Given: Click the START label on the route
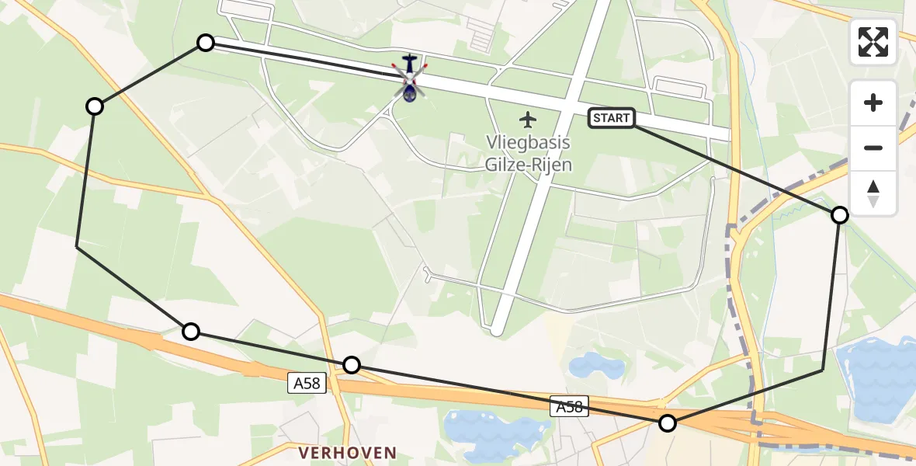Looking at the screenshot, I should [x=612, y=118].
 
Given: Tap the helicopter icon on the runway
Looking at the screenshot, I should [x=409, y=79].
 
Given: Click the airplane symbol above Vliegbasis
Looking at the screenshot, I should [x=528, y=120].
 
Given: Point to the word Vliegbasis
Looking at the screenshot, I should [x=528, y=143].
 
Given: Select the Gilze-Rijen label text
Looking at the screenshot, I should [x=528, y=164].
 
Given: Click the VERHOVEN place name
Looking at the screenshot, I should [x=348, y=452].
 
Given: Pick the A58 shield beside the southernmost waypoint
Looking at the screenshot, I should [x=570, y=405].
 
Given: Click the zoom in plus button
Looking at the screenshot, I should [x=873, y=103].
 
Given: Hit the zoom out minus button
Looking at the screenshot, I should [x=873, y=148].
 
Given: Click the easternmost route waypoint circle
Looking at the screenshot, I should [x=840, y=215].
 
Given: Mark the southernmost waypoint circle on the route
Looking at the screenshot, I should [x=668, y=423].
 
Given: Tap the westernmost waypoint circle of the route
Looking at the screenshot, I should [x=95, y=106].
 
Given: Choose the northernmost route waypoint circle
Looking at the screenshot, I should [x=205, y=43].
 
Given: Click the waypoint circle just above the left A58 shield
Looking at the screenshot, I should [x=352, y=365].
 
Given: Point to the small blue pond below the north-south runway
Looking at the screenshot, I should [x=596, y=365].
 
